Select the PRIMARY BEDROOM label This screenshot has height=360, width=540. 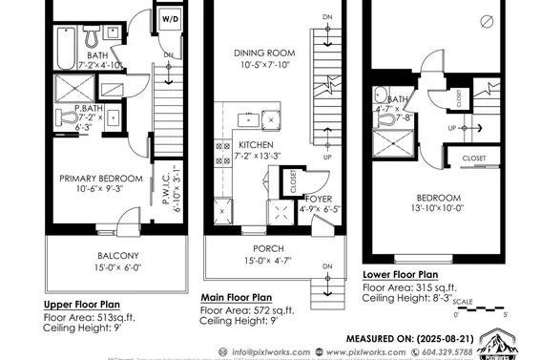[x=101, y=179]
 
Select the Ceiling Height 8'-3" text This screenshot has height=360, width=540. [x=412, y=298]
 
